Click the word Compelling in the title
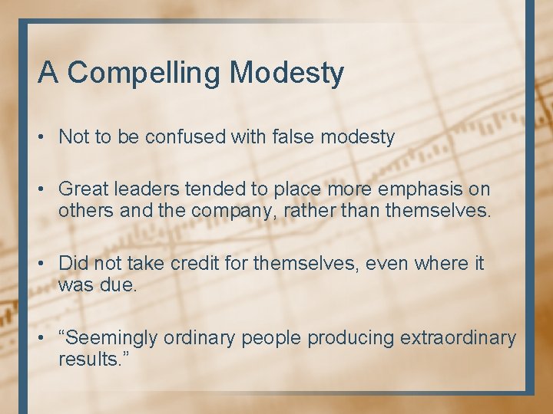[144, 74]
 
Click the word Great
[83, 189]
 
